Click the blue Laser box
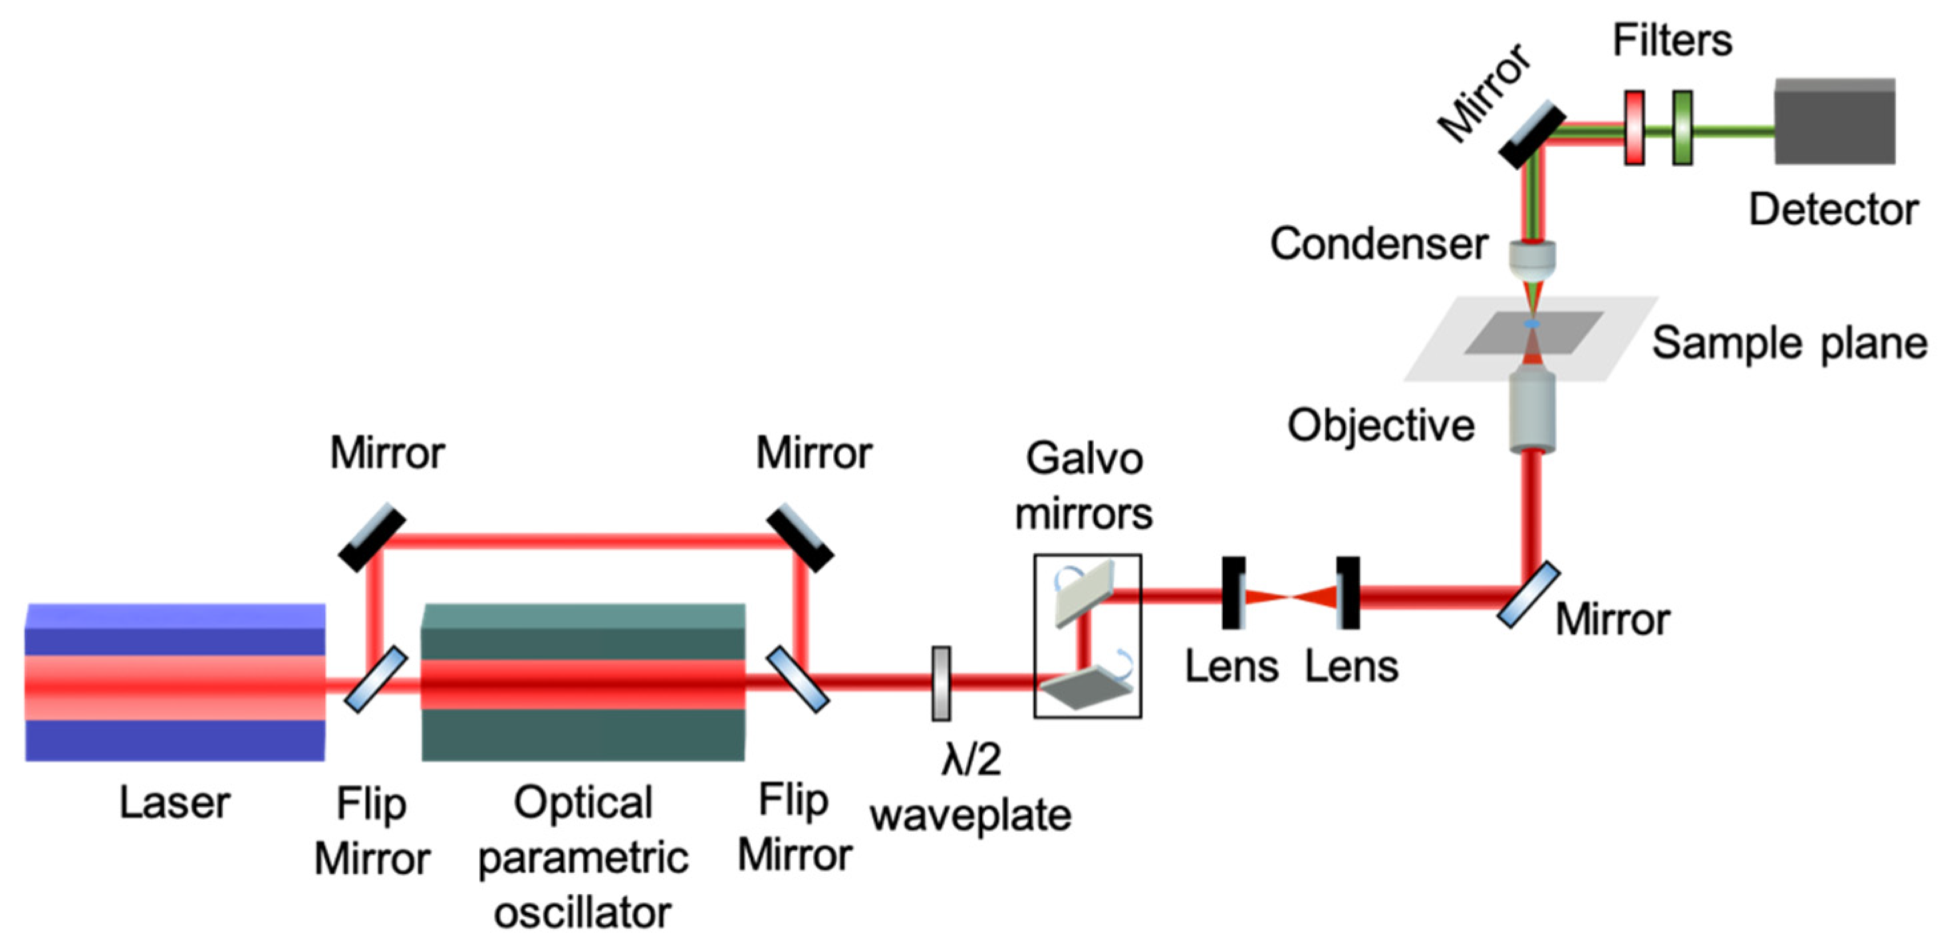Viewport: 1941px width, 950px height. pyautogui.click(x=175, y=682)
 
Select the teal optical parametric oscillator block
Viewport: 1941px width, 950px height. pyautogui.click(x=583, y=682)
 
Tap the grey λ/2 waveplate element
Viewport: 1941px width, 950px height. pyautogui.click(x=941, y=683)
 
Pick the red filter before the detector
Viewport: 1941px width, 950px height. pyautogui.click(x=1634, y=128)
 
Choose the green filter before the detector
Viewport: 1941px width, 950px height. pyautogui.click(x=1682, y=128)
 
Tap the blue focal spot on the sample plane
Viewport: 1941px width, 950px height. pyautogui.click(x=1532, y=324)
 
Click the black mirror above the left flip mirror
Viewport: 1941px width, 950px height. pyautogui.click(x=372, y=536)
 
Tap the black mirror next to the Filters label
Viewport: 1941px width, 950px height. pyautogui.click(x=1532, y=134)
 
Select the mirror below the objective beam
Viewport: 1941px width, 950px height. pyautogui.click(x=1529, y=594)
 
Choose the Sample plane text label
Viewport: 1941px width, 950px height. pyautogui.click(x=1789, y=344)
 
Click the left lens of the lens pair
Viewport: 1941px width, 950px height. pyautogui.click(x=1233, y=592)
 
